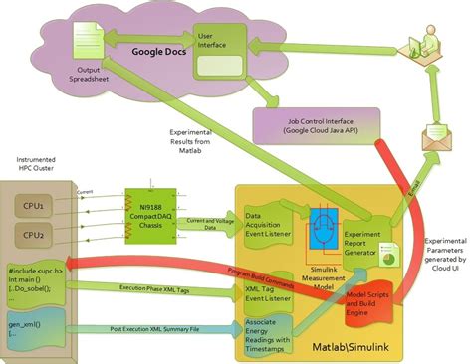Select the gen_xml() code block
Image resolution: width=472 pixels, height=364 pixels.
(41, 320)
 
